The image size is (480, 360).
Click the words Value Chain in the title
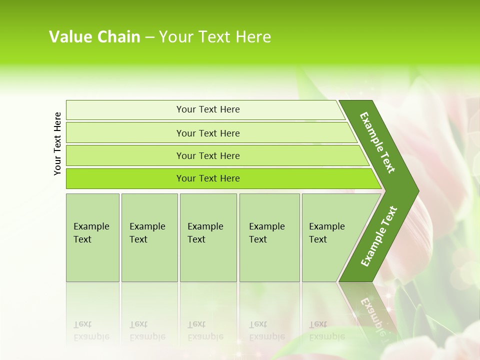[94, 37]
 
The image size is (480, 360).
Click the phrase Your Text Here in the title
[215, 37]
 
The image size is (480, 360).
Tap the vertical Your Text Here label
[57, 143]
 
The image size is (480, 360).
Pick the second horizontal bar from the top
[207, 133]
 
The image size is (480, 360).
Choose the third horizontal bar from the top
[207, 155]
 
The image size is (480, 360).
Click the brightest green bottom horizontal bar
[207, 178]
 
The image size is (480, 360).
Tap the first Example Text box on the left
[92, 237]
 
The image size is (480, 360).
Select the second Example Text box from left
[149, 237]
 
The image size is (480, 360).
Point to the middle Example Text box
[208, 237]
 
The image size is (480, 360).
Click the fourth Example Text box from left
[269, 237]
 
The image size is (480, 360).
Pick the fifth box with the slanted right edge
[330, 237]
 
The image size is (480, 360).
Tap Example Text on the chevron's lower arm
[378, 236]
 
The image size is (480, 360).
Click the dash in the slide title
[149, 37]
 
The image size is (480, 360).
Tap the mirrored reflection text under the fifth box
[327, 330]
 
